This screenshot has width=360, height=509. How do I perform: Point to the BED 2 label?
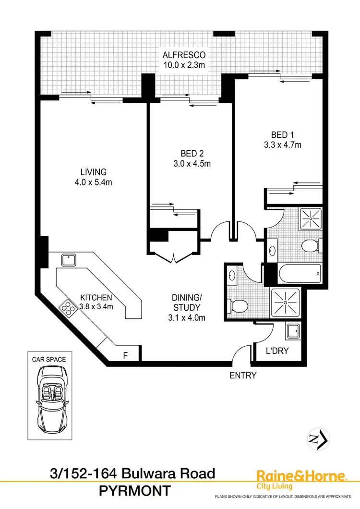[192, 154]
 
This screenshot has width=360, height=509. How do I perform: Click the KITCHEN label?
[96, 297]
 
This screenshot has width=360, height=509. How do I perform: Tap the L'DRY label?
[277, 351]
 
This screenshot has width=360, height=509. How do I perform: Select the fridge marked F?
[125, 356]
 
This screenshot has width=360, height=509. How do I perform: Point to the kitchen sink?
[68, 261]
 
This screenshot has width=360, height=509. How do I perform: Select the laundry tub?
[293, 331]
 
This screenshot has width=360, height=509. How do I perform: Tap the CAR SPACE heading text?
[49, 359]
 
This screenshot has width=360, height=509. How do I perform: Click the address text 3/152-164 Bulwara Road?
[132, 474]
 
